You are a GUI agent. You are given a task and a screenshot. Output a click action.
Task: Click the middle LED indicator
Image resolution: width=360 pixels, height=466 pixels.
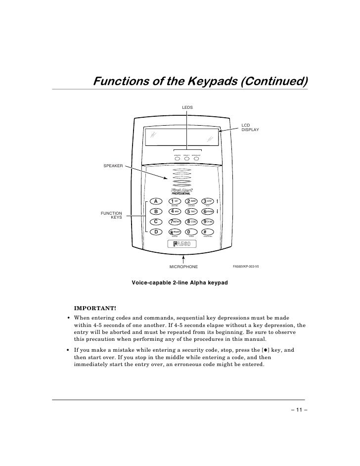186,159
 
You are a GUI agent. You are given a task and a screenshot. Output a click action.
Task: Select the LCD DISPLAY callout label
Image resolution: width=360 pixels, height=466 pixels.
250,127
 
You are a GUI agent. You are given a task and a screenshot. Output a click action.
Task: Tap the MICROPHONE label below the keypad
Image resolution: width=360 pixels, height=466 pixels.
183,267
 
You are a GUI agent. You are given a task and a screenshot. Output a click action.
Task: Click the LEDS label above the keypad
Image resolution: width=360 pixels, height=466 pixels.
187,107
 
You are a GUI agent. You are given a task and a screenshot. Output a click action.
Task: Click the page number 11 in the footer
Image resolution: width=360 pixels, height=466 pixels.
299,410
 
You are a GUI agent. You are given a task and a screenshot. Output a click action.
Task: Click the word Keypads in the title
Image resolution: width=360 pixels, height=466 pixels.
197,81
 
